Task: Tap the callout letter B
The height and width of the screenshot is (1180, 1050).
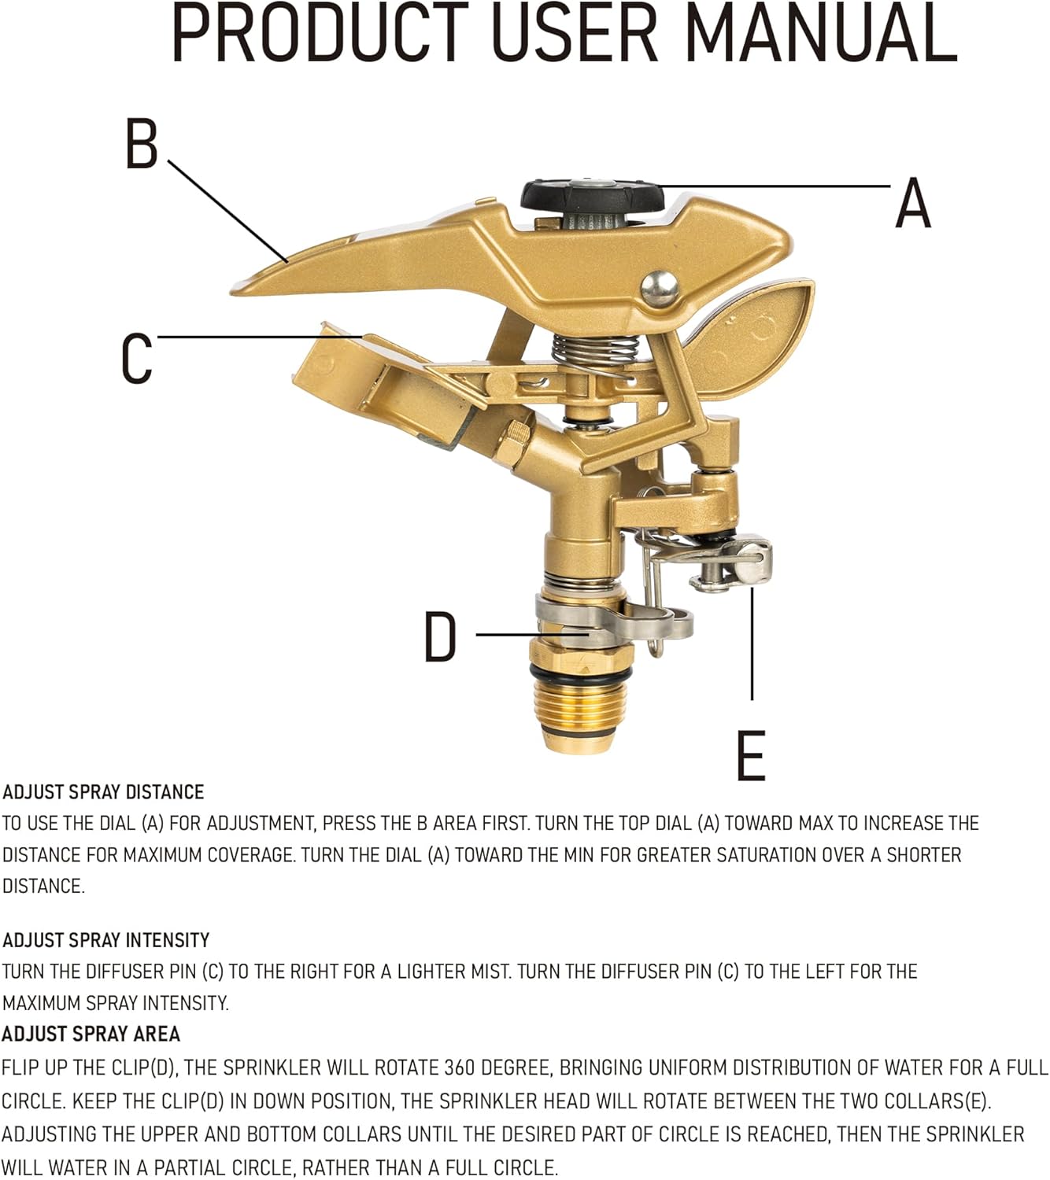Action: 142,143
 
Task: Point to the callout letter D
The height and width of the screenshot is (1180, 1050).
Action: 440,636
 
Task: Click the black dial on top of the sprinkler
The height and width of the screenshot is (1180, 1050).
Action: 593,197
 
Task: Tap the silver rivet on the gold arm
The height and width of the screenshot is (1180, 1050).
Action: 660,288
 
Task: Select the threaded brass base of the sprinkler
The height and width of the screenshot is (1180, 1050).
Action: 580,714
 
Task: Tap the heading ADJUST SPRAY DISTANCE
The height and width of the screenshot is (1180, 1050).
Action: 103,792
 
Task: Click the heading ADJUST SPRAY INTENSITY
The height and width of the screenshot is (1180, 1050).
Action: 106,940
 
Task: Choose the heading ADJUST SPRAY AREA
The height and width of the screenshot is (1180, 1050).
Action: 91,1034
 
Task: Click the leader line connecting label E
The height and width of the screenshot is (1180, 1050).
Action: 752,643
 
